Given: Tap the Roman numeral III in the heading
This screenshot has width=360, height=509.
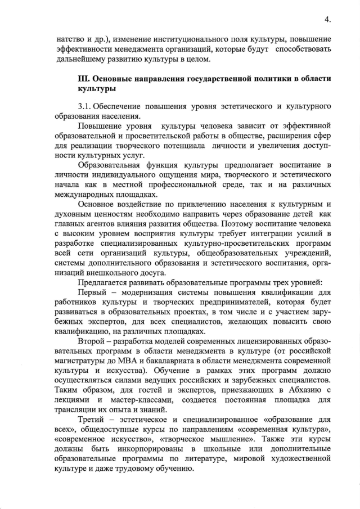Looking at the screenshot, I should (x=84, y=78).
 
